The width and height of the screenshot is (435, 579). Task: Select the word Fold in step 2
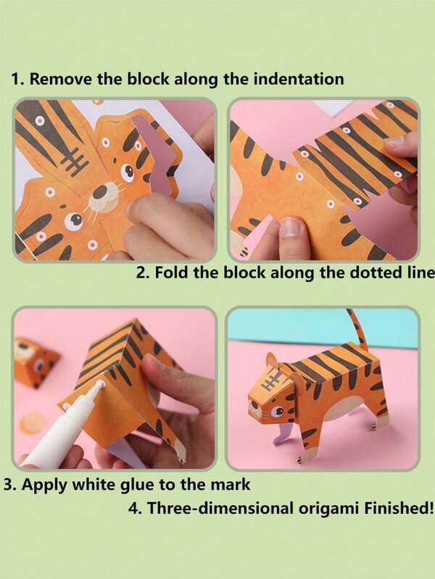click(x=172, y=272)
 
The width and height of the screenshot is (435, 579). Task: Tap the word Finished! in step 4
click(x=399, y=508)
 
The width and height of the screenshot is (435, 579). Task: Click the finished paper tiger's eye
click(x=277, y=412)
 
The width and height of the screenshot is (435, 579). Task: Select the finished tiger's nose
click(x=254, y=404)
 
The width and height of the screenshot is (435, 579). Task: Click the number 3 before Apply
click(x=9, y=485)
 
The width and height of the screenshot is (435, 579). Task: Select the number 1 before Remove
click(x=15, y=80)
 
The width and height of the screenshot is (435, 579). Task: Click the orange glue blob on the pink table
click(x=33, y=422)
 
